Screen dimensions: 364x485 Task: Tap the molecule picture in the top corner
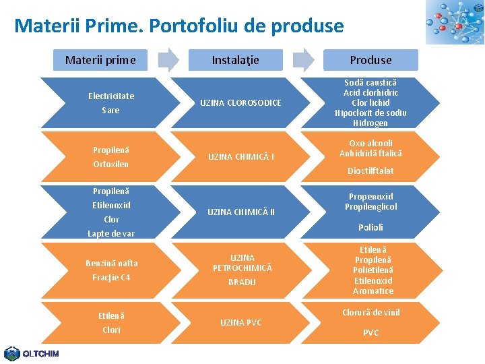(x=454, y=22)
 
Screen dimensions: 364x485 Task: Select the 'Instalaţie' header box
(x=235, y=60)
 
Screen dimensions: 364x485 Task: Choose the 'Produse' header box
(x=370, y=60)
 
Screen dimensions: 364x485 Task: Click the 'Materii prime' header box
(x=100, y=60)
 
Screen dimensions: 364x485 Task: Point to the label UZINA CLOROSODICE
(x=240, y=102)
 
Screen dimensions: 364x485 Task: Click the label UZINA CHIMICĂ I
(x=240, y=157)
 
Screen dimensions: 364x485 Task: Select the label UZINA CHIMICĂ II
(x=240, y=212)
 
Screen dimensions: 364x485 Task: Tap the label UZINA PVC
(x=240, y=323)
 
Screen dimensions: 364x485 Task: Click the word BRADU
(x=242, y=282)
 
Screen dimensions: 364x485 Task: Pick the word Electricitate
(x=111, y=96)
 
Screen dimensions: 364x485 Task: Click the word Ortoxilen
(x=111, y=164)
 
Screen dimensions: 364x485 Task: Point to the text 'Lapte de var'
(x=111, y=233)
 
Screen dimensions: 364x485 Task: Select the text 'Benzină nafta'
(x=111, y=263)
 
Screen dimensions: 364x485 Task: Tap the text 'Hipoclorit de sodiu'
(x=370, y=113)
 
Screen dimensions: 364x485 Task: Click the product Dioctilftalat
(x=370, y=171)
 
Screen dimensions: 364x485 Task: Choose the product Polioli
(x=370, y=227)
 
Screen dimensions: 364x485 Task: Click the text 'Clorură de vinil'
(x=370, y=312)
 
